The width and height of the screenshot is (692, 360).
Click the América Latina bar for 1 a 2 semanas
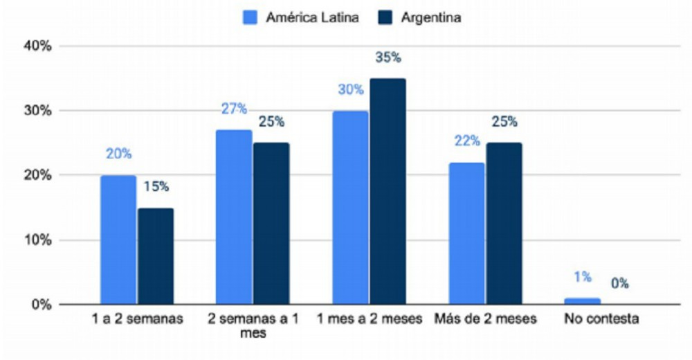coord(118,240)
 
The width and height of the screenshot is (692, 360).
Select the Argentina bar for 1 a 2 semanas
coord(155,256)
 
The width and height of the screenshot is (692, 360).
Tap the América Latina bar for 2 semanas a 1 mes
coord(234,217)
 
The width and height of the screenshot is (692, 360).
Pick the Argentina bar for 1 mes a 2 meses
coord(388,191)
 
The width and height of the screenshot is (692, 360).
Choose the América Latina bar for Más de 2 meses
coord(466,233)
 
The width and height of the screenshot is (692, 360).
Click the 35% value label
coord(388,57)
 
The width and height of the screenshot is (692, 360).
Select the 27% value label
coord(234,109)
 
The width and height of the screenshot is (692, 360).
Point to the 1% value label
coord(582,277)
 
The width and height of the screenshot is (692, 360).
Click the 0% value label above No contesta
coord(619,283)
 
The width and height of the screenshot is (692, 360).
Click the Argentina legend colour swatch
coord(386,18)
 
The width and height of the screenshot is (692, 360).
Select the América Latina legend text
coord(312,18)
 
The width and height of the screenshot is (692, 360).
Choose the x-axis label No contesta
coord(601,320)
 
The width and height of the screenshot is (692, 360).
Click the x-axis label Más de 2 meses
coord(485,320)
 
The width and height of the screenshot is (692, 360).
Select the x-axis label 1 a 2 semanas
coord(137,320)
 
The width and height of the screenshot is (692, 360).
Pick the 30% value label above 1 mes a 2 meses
coord(351,89)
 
